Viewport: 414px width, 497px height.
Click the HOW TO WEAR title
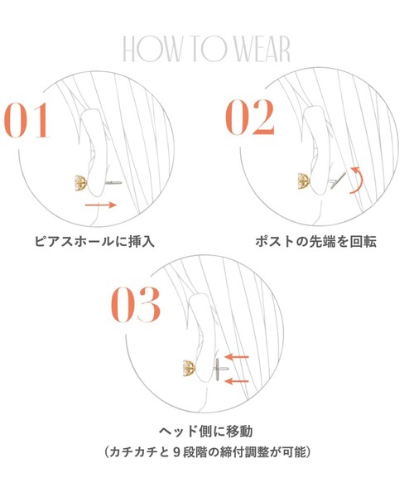[206, 49]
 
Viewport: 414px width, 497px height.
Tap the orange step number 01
[27, 120]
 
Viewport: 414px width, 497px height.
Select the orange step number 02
[250, 118]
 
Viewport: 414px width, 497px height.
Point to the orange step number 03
[136, 305]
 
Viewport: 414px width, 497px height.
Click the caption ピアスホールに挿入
[94, 242]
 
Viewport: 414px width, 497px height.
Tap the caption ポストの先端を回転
[315, 242]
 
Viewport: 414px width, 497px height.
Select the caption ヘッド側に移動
[206, 431]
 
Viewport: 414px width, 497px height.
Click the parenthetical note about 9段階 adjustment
[207, 451]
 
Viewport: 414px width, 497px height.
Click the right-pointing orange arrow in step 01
[101, 205]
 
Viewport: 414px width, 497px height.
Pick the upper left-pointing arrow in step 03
[237, 357]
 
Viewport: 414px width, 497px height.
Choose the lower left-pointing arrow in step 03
[237, 381]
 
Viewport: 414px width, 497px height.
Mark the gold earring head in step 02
[304, 181]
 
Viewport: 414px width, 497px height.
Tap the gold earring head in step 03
[190, 368]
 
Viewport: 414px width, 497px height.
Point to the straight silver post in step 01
[113, 182]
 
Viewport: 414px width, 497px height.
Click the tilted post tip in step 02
[338, 180]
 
